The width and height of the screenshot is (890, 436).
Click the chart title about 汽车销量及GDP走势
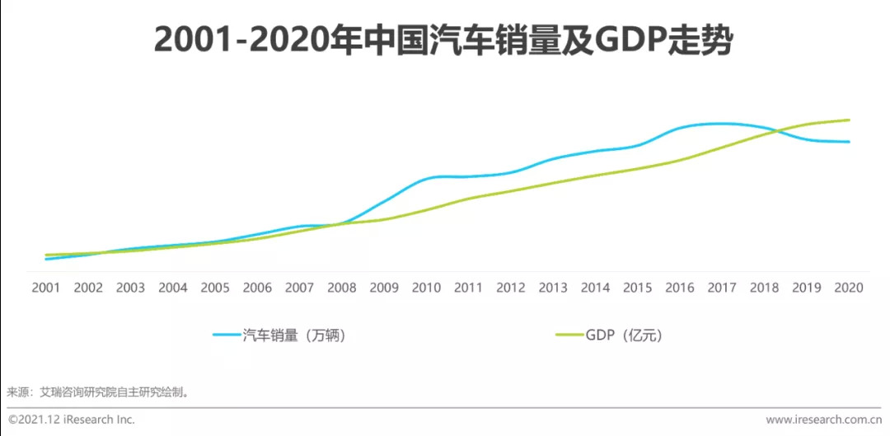pyautogui.click(x=443, y=40)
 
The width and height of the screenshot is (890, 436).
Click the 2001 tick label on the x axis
pyautogui.click(x=46, y=288)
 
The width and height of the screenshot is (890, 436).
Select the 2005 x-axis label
pyautogui.click(x=215, y=288)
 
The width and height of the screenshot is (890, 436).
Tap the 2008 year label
pyautogui.click(x=342, y=288)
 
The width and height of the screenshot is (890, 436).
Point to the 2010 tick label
pyautogui.click(x=426, y=288)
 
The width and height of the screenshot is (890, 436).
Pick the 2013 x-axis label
pyautogui.click(x=553, y=288)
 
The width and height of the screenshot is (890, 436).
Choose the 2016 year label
pyautogui.click(x=680, y=288)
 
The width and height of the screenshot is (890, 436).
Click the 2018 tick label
pyautogui.click(x=764, y=288)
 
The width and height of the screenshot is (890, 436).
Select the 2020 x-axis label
pyautogui.click(x=849, y=288)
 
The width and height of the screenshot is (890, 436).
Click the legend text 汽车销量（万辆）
pyautogui.click(x=293, y=335)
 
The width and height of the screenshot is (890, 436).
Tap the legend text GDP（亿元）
pyautogui.click(x=624, y=335)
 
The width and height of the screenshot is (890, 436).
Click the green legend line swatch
pyautogui.click(x=569, y=335)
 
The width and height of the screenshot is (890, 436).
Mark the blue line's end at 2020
pyautogui.click(x=849, y=142)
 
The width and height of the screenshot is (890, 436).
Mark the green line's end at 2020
pyautogui.click(x=849, y=120)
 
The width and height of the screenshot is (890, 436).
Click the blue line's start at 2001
pyautogui.click(x=46, y=259)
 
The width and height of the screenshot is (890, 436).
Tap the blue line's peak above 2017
pyautogui.click(x=722, y=124)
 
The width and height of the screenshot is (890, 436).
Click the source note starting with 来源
pyautogui.click(x=99, y=391)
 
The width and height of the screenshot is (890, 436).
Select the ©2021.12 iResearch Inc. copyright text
pyautogui.click(x=72, y=420)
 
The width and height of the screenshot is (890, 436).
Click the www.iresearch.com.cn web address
pyautogui.click(x=824, y=420)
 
